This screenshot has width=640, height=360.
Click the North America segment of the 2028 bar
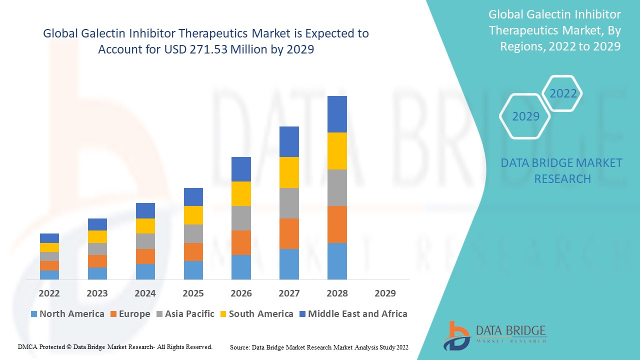point(337,261)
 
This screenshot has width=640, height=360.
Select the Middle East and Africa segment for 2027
point(289,141)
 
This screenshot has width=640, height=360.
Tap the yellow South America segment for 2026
point(241,193)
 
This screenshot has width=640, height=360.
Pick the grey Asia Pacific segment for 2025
point(193,233)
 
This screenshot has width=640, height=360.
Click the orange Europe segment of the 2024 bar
point(145,256)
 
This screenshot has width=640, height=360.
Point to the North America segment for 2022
point(49,274)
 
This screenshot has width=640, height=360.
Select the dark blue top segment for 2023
point(97,224)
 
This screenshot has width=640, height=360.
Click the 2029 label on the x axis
point(385,293)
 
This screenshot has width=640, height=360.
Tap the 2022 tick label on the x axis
point(49,293)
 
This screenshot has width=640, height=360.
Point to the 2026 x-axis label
point(241,293)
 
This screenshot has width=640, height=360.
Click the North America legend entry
point(67,314)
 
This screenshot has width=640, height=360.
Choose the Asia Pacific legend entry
point(185,314)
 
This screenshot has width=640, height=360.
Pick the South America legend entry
point(256,314)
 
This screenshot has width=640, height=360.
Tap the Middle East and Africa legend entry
point(352,314)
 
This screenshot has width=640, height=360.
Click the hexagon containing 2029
point(525,116)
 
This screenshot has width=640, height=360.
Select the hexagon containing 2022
point(563,93)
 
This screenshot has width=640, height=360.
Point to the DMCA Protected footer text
point(115,346)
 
